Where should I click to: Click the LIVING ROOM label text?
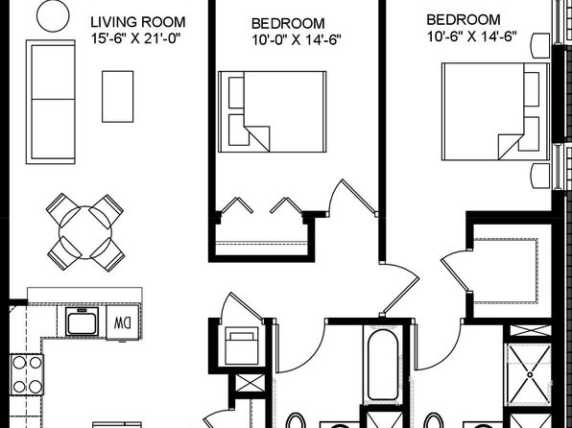point(138,22)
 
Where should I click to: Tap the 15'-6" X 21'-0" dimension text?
point(136,38)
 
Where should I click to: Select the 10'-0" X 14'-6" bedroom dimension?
point(297,39)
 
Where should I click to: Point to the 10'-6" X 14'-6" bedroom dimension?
point(472,36)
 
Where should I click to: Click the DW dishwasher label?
point(122,322)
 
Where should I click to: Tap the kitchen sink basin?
point(83,321)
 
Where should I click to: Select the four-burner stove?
point(27,374)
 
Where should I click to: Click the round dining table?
point(85,232)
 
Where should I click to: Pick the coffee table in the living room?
point(117,96)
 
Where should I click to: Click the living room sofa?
point(50,102)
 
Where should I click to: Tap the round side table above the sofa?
point(53,15)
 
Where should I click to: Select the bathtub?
point(383,365)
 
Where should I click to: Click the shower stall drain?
point(530,374)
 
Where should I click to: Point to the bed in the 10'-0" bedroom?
point(273,111)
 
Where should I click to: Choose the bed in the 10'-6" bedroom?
point(495,111)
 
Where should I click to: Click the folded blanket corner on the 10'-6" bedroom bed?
point(510,146)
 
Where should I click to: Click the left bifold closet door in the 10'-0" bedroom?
point(237,205)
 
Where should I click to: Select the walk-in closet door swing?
point(453,271)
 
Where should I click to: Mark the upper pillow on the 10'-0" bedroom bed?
point(236,93)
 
